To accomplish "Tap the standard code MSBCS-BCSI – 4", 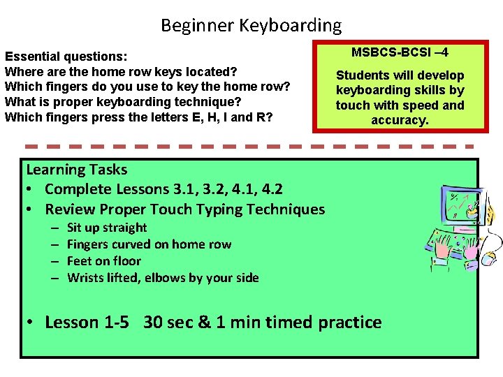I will click(400, 52).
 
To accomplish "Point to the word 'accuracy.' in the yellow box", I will click(400, 119).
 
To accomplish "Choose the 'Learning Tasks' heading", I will click(76, 170).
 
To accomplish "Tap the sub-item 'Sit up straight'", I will click(107, 228).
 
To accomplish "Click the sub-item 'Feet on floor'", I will click(104, 261).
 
